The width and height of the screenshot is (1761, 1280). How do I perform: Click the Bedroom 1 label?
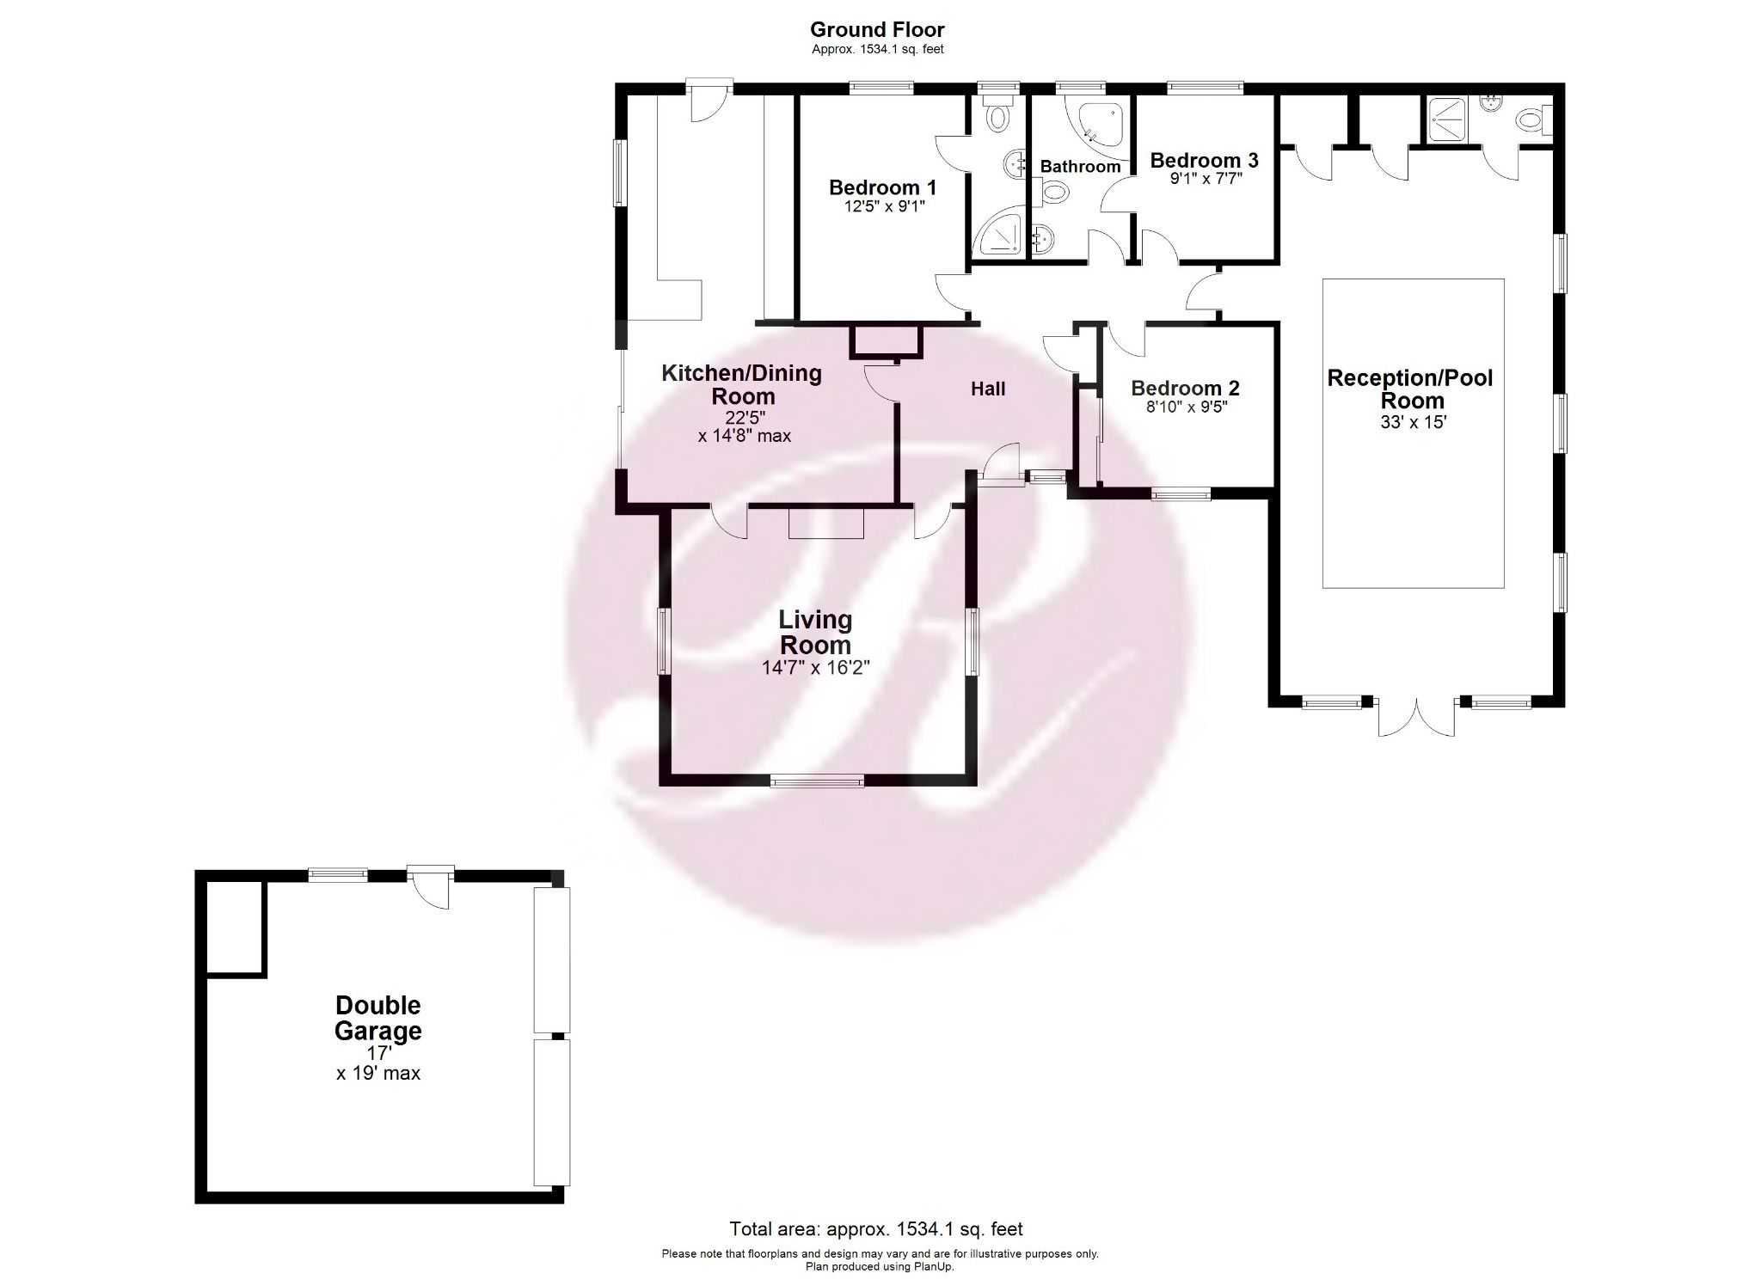click(x=882, y=187)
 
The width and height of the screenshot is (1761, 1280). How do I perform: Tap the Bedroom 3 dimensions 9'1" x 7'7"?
click(x=1204, y=179)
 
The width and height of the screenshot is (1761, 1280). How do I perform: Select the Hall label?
click(x=988, y=389)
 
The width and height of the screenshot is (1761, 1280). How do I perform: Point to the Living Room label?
click(x=815, y=632)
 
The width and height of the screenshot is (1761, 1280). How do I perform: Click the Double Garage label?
click(x=378, y=1018)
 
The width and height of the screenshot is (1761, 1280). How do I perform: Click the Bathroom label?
click(x=1080, y=167)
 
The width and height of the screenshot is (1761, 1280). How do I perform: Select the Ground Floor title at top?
click(x=877, y=31)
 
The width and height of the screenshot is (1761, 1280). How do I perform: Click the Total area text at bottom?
click(x=876, y=1229)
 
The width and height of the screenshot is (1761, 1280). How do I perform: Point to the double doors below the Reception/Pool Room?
click(x=1416, y=717)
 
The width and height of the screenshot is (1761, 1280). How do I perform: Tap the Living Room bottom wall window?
click(x=817, y=780)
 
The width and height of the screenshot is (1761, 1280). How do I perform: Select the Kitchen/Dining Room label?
click(x=741, y=384)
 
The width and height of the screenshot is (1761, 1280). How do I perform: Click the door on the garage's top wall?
click(x=430, y=885)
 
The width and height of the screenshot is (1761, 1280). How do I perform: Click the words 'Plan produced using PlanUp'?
click(x=880, y=1266)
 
